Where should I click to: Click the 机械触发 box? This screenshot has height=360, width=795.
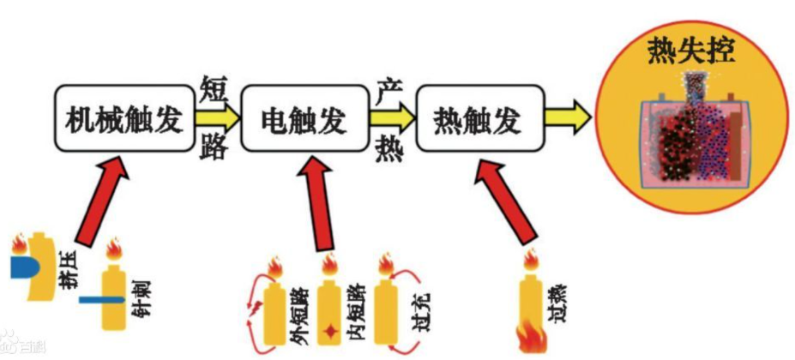click(x=125, y=121)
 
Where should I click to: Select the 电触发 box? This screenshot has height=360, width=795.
click(x=304, y=121)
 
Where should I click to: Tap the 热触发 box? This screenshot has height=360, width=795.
click(x=478, y=121)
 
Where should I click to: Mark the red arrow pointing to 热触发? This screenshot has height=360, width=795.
click(x=505, y=203)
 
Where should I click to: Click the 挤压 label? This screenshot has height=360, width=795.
click(x=63, y=277)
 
